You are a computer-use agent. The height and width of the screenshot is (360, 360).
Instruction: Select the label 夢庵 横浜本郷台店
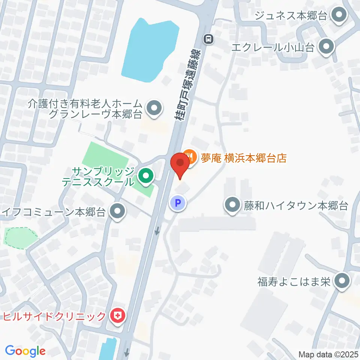click(x=243, y=158)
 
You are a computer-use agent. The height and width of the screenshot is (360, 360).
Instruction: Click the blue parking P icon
click(x=178, y=203)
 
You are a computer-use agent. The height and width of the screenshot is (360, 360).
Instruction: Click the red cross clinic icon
click(x=117, y=316)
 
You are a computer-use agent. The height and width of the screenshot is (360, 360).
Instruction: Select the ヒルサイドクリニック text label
click(x=54, y=316)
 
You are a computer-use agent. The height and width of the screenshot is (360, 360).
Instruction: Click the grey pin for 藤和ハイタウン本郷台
click(x=232, y=205)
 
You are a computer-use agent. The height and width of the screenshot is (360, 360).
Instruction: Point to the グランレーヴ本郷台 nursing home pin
click(x=153, y=108)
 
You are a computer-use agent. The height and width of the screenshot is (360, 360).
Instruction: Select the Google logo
click(x=25, y=351)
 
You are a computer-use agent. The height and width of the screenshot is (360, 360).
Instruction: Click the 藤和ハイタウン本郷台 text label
click(x=296, y=205)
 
